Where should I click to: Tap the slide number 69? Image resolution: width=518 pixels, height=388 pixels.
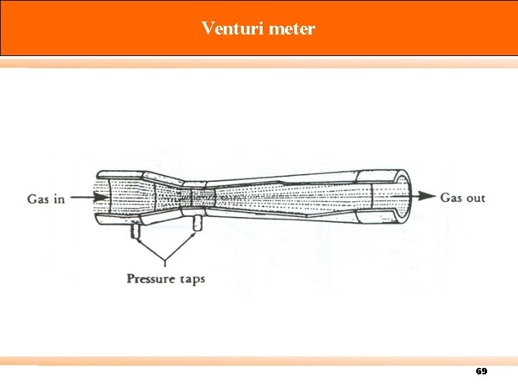tap(481, 371)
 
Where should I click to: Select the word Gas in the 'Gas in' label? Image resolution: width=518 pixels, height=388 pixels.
tap(39, 198)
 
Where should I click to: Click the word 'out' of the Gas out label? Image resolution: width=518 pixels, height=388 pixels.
tap(473, 198)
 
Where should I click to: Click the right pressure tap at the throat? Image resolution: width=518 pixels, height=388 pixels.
tap(196, 223)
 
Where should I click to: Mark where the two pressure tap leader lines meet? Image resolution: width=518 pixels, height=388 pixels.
tap(166, 262)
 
